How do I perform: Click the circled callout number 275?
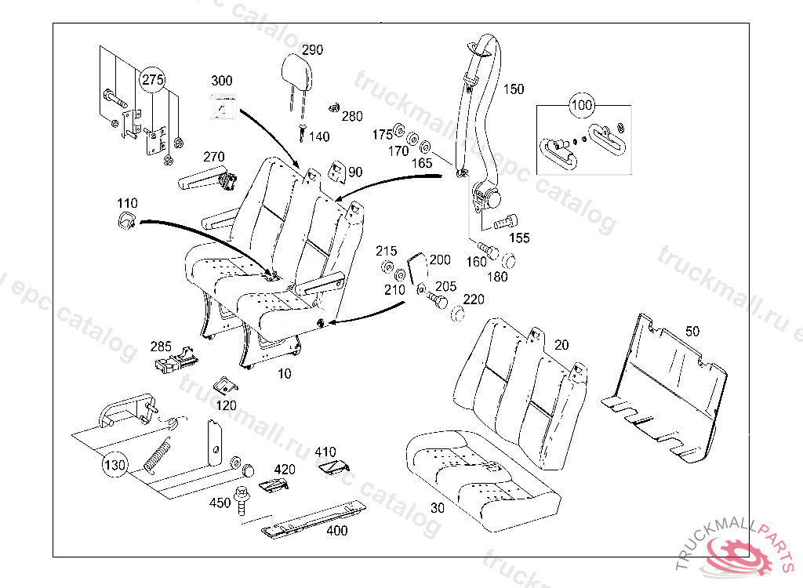(x=153, y=80)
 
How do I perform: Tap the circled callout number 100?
(x=581, y=104)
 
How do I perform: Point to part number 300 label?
(x=222, y=81)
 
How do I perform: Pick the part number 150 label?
(x=514, y=89)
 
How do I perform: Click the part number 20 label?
(x=561, y=345)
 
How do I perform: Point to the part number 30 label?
(x=438, y=508)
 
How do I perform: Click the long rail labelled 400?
(x=314, y=517)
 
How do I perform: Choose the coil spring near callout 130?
(x=158, y=456)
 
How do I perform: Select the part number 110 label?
(x=127, y=204)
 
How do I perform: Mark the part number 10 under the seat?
(x=284, y=374)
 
